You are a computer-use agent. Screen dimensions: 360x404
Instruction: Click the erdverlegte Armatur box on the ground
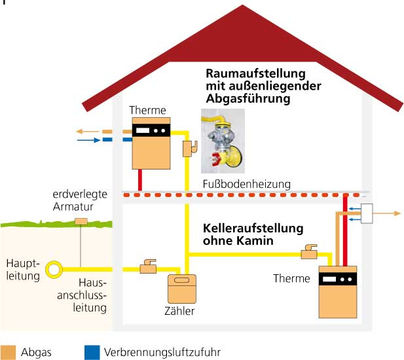(x=81, y=221)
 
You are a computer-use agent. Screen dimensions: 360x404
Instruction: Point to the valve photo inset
(x=223, y=139)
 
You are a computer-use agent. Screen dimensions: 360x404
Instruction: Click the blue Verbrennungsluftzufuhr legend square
(x=92, y=352)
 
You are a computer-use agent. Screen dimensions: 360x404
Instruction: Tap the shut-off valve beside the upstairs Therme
(x=189, y=149)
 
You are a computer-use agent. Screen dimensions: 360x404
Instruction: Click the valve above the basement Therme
(x=308, y=251)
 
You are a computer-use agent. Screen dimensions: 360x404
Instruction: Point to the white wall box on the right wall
(x=366, y=213)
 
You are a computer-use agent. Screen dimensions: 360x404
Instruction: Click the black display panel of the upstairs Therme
(x=151, y=130)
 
